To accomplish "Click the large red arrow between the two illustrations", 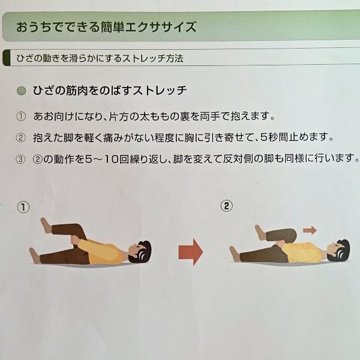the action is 191,252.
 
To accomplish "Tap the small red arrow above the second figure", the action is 310,230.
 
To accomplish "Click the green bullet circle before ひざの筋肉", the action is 22,91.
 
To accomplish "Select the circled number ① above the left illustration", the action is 23,208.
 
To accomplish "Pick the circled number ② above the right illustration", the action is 226,206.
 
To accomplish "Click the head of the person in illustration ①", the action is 140,251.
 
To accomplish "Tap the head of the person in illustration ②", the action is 338,250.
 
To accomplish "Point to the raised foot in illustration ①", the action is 46,226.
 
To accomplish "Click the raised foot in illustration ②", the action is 260,232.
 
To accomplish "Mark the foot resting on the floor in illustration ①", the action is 34,256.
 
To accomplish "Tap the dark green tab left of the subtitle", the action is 7,58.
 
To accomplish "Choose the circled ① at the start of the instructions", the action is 21,116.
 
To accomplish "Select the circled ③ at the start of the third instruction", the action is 20,159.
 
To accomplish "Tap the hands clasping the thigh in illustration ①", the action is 76,241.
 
